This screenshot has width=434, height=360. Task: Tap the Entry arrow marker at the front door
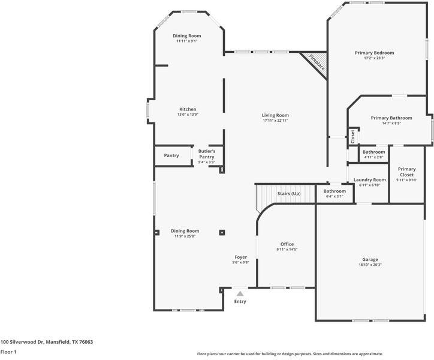point(240,293)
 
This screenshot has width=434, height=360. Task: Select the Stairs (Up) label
point(288,194)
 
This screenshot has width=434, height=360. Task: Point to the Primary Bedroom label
point(374,53)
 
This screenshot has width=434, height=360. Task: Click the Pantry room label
point(171,155)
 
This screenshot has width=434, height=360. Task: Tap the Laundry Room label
point(369,180)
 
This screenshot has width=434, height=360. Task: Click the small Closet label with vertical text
point(353,136)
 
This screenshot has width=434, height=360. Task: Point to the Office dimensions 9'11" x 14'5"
point(287,250)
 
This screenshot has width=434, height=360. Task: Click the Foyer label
point(240,257)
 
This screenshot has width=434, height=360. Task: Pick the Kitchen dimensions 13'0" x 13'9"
point(187,115)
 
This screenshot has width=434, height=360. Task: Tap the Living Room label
point(275,115)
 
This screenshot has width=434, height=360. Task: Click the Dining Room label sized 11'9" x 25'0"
point(185,231)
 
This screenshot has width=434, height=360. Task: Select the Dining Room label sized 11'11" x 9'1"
point(187,36)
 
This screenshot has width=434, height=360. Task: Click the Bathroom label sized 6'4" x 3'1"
point(335,191)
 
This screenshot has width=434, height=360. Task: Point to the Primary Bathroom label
point(391,118)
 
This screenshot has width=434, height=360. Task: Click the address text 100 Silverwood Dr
point(47,341)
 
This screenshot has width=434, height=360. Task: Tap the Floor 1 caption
point(8,352)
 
